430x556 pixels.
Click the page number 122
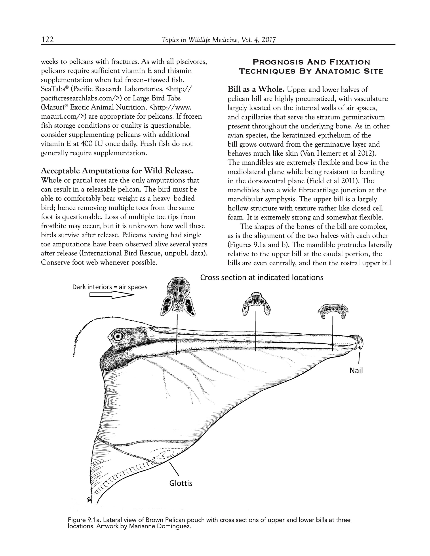(47, 40)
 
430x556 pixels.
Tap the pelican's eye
(118, 337)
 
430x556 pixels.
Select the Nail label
(356, 371)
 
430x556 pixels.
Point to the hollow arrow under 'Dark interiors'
(112, 295)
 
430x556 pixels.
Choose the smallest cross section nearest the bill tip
(333, 311)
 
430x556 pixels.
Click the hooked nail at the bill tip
(359, 342)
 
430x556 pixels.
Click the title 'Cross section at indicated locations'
(262, 277)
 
